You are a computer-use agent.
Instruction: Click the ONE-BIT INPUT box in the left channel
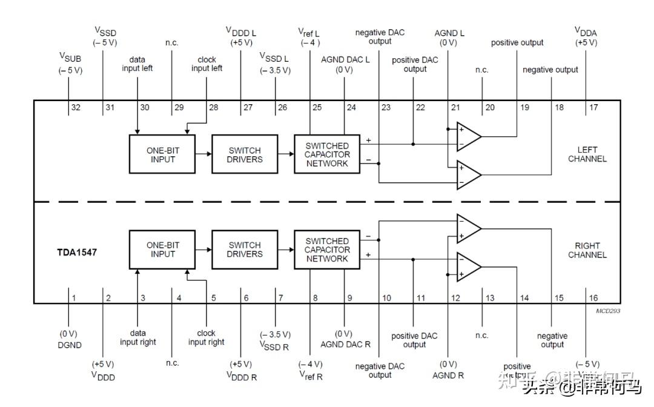(x=162, y=154)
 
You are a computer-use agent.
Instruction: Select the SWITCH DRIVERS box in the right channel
(x=245, y=250)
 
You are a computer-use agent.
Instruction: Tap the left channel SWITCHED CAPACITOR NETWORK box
(x=327, y=154)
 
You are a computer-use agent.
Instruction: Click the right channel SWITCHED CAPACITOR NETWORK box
(x=327, y=250)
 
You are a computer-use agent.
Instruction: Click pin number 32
(x=76, y=108)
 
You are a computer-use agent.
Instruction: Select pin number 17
(x=593, y=108)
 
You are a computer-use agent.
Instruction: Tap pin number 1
(x=74, y=298)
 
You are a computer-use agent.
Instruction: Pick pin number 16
(x=593, y=298)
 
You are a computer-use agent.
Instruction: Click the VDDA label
(x=586, y=30)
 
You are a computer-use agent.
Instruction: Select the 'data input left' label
(x=137, y=64)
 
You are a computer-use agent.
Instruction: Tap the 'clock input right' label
(x=206, y=337)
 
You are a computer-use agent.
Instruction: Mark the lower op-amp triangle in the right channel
(x=468, y=267)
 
